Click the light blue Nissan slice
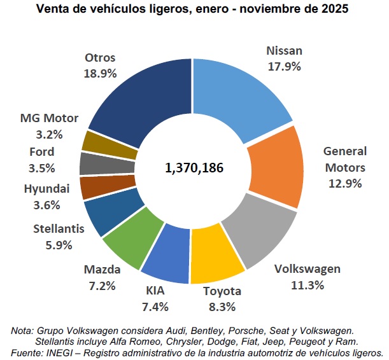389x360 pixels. [236, 89]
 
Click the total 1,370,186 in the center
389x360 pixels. [194, 169]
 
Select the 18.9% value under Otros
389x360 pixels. [100, 73]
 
